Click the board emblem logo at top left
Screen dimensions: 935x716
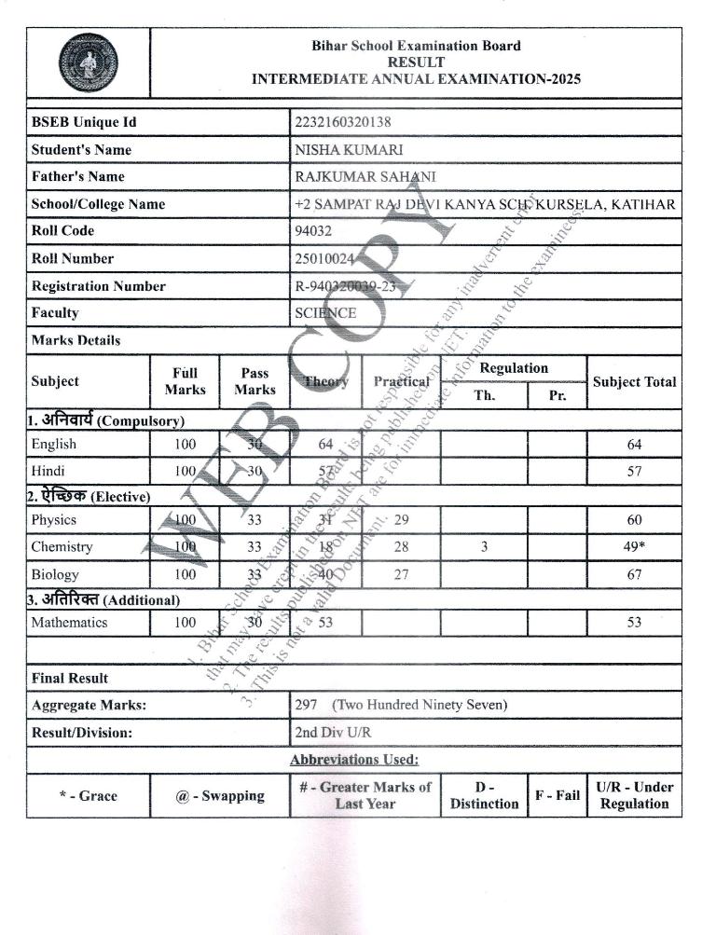(x=88, y=62)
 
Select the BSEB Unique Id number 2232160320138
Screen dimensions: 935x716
(x=342, y=122)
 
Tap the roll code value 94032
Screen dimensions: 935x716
(x=312, y=230)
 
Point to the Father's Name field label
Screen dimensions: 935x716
(x=77, y=176)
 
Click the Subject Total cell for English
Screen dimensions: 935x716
(x=634, y=445)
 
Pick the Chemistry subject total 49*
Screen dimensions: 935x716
(x=634, y=547)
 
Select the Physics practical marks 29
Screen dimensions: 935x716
(x=402, y=520)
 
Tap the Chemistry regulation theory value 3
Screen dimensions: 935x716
(x=484, y=547)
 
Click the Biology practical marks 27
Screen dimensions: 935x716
(x=402, y=574)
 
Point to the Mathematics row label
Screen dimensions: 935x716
(x=69, y=622)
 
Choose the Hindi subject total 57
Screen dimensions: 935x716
(x=634, y=472)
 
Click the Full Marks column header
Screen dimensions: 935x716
(x=185, y=380)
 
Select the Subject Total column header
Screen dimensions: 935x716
(x=634, y=381)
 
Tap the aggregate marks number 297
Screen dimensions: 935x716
(x=306, y=705)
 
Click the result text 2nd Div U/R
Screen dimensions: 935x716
(x=333, y=733)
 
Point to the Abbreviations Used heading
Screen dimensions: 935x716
(x=354, y=760)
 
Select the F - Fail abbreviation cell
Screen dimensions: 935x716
(x=558, y=795)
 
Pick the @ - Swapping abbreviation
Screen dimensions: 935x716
(x=219, y=795)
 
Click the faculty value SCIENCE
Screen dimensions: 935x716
(x=325, y=313)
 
